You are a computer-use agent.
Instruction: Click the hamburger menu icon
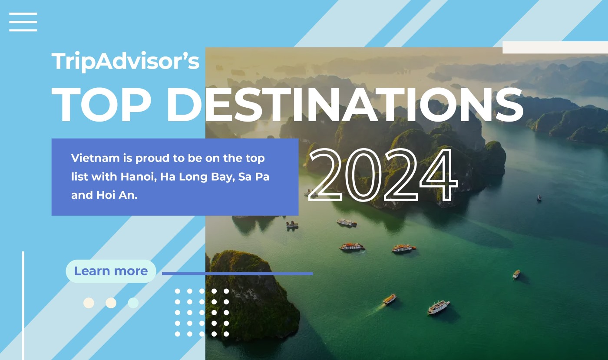click(x=23, y=22)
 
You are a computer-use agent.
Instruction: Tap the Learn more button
click(x=111, y=271)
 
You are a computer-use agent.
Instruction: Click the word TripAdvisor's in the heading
click(x=126, y=61)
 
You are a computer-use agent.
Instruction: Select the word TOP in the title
click(x=101, y=105)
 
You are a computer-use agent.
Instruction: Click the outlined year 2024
click(x=383, y=175)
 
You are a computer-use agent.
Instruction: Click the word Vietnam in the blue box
click(x=95, y=158)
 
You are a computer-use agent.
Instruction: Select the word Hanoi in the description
click(x=139, y=177)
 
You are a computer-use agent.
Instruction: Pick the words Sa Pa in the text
click(x=254, y=177)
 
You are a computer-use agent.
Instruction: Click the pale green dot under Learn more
click(x=133, y=303)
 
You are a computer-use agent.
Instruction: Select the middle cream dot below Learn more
click(x=111, y=303)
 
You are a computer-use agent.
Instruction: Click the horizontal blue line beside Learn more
click(x=238, y=274)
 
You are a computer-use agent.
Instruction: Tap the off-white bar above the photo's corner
click(x=555, y=47)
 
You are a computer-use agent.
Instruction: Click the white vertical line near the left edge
click(x=23, y=306)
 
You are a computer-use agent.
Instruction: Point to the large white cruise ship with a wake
click(x=438, y=307)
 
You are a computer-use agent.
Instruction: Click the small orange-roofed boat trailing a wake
click(x=390, y=299)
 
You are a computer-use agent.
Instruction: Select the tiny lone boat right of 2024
click(x=539, y=198)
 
